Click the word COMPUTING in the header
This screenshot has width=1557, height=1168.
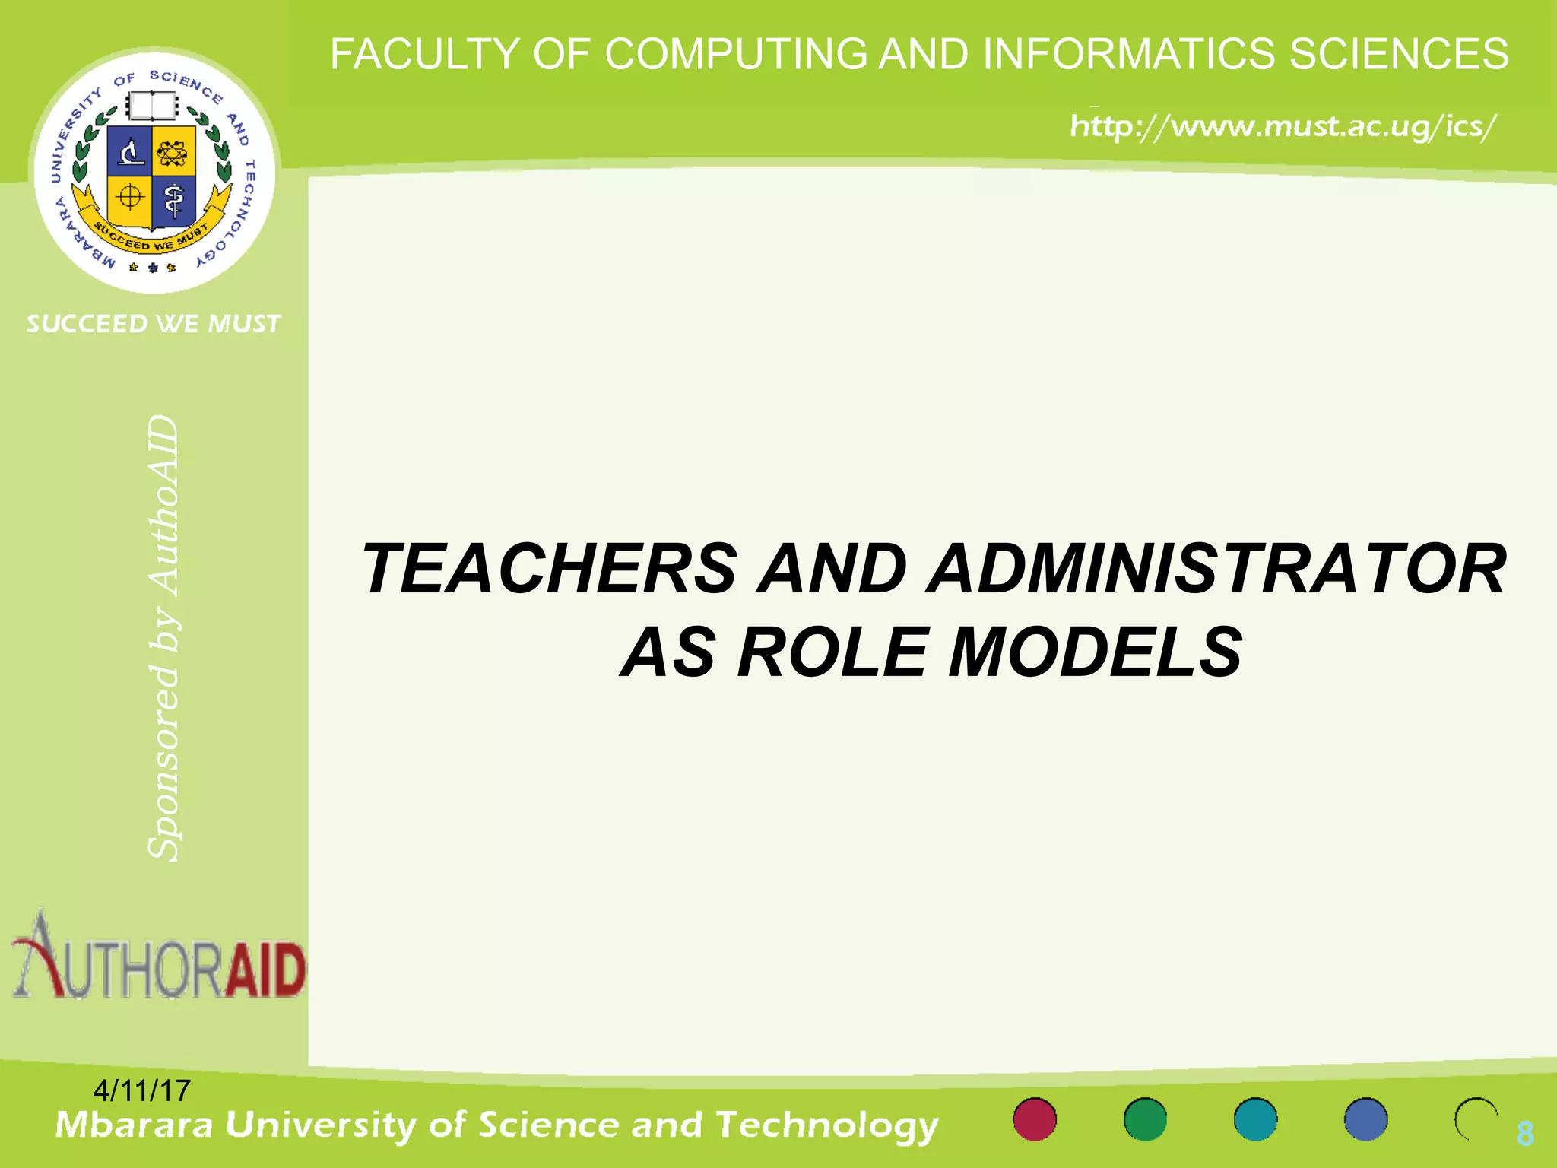[x=735, y=55]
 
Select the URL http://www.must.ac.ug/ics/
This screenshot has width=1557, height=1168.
[x=1283, y=126]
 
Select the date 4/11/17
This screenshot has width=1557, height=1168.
[x=141, y=1090]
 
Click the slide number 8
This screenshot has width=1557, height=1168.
[x=1525, y=1134]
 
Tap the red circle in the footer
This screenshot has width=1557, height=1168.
[x=1035, y=1119]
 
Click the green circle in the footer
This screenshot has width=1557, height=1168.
[x=1145, y=1119]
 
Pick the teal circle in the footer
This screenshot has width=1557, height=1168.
[x=1255, y=1119]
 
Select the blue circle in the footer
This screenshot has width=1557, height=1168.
[x=1365, y=1119]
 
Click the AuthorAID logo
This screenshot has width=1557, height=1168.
[x=158, y=958]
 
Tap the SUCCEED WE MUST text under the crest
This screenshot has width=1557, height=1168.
[x=154, y=324]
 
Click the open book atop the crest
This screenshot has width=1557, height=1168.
[x=152, y=106]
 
